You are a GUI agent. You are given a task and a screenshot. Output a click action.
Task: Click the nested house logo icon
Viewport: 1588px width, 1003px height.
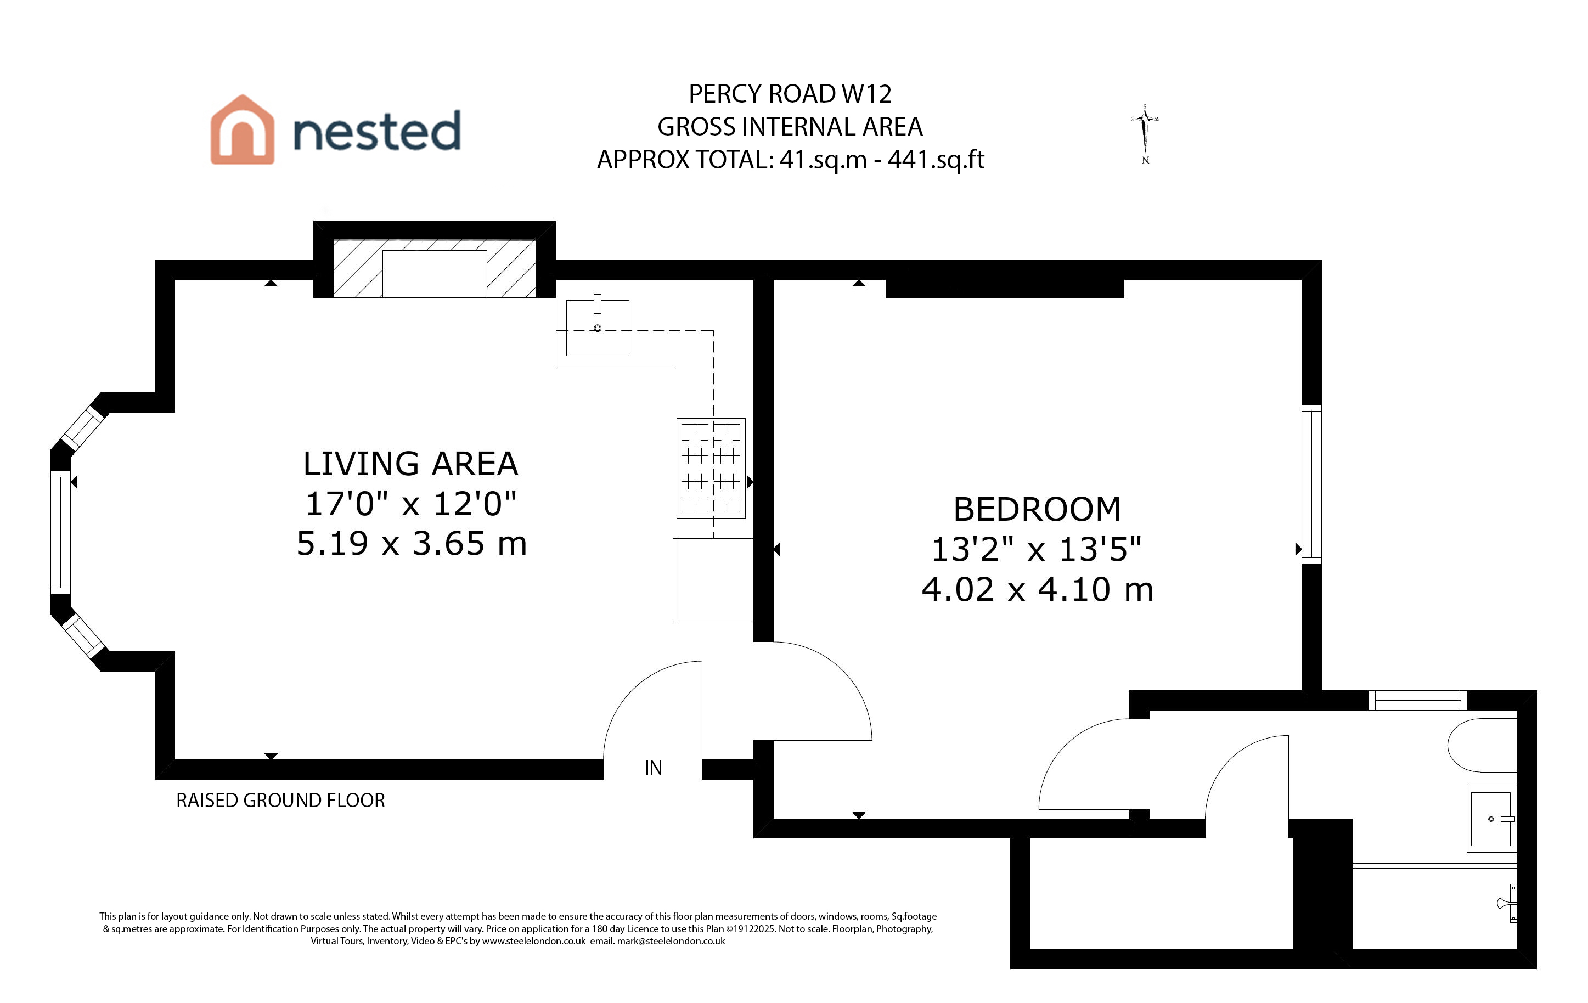click(x=242, y=129)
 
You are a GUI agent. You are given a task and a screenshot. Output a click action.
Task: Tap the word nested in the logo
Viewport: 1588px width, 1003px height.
click(x=376, y=131)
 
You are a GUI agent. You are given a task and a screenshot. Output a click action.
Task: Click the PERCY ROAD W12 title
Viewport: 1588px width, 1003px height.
click(x=790, y=94)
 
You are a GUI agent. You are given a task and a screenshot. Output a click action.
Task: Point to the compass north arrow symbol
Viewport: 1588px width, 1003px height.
click(x=1146, y=134)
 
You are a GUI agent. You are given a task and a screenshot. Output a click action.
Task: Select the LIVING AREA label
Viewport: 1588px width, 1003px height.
click(x=410, y=464)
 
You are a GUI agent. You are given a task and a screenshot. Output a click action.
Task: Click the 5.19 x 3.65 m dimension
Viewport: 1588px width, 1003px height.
click(x=412, y=543)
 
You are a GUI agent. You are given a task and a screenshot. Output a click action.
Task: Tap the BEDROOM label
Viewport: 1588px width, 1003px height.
click(x=1037, y=509)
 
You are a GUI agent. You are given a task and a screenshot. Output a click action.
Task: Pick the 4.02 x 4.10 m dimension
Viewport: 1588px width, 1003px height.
click(x=1037, y=589)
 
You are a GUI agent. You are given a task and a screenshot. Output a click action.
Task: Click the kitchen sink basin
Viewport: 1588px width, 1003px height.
click(x=598, y=328)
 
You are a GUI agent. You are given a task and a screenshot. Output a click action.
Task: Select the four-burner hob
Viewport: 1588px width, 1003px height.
click(x=711, y=468)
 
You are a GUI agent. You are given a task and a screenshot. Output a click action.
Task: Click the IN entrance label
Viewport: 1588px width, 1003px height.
click(x=654, y=768)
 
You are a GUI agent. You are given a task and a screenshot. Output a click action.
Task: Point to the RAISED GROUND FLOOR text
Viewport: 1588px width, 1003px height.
click(x=280, y=801)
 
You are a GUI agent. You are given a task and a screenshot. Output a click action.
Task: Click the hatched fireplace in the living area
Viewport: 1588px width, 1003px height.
click(x=435, y=268)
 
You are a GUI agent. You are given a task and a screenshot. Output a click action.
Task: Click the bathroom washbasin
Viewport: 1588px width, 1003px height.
click(x=1491, y=819)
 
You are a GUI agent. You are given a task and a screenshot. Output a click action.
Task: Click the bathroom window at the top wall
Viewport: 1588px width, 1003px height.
click(x=1418, y=700)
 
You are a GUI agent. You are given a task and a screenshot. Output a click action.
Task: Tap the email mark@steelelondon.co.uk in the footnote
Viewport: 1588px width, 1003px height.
click(x=671, y=941)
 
